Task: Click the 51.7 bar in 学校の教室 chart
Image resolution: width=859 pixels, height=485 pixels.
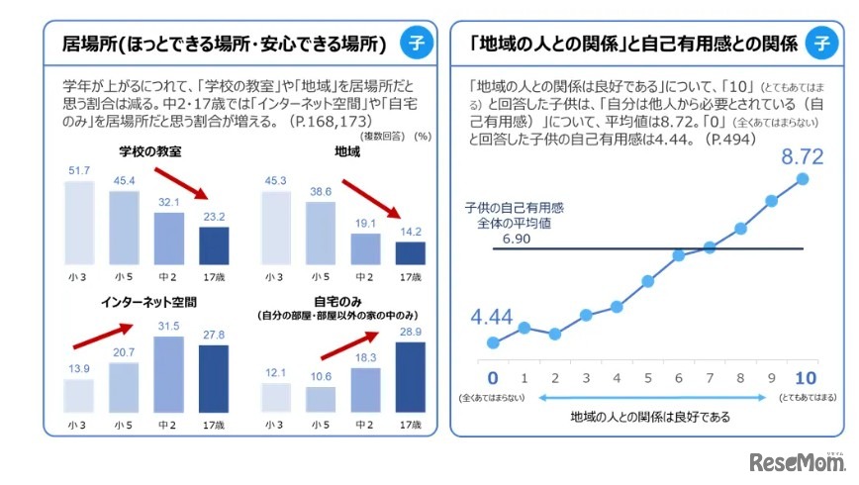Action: click(x=79, y=224)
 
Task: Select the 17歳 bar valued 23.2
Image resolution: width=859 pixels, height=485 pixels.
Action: click(x=213, y=246)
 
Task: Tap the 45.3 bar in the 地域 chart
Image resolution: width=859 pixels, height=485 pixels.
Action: click(x=276, y=228)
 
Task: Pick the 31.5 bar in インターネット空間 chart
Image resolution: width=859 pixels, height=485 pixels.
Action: click(x=168, y=373)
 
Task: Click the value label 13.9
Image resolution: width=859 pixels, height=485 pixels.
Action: click(x=78, y=368)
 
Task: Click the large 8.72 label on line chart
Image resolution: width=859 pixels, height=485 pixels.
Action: click(x=803, y=156)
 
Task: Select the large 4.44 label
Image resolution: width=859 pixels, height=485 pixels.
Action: click(x=493, y=318)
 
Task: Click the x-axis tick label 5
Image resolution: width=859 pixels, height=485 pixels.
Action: click(x=647, y=378)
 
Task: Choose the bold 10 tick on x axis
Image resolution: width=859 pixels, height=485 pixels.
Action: click(x=802, y=378)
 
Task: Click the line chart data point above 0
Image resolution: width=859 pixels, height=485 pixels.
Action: click(x=493, y=342)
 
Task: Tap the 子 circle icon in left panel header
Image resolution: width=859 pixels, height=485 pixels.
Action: click(x=416, y=44)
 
